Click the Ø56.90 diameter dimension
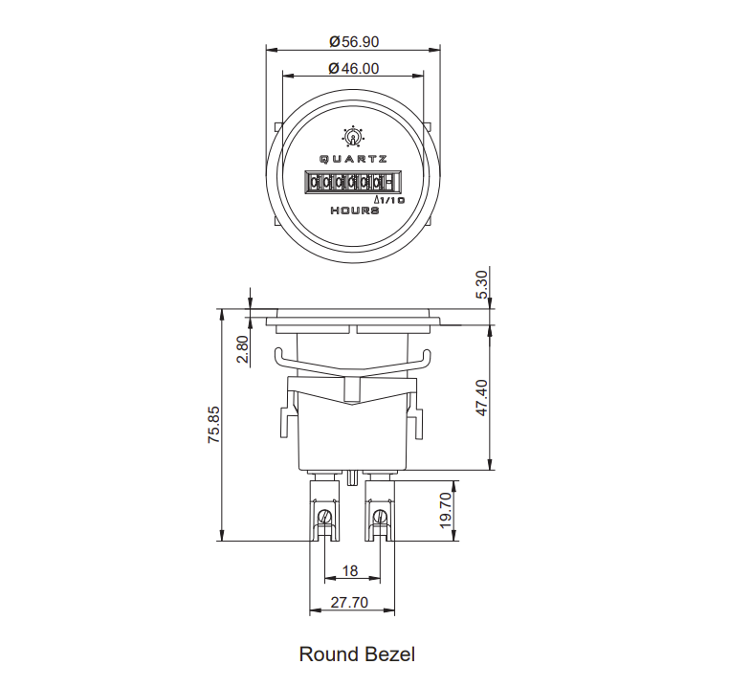tap(354, 42)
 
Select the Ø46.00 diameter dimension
tap(354, 69)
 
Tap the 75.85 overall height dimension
tap(213, 425)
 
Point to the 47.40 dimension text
tap(482, 398)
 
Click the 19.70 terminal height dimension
tap(446, 511)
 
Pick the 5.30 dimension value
tap(482, 284)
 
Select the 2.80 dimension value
tap(243, 349)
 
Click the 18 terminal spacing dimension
tap(350, 571)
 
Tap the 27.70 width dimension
tap(349, 602)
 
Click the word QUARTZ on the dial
tap(353, 159)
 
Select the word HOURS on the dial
tap(355, 211)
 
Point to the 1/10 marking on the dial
tap(390, 200)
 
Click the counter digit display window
tap(352, 182)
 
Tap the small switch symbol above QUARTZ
tap(353, 137)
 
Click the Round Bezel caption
tap(357, 654)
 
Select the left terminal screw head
tap(324, 517)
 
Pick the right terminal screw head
tap(380, 517)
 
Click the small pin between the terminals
tap(352, 477)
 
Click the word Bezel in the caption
tap(390, 654)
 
